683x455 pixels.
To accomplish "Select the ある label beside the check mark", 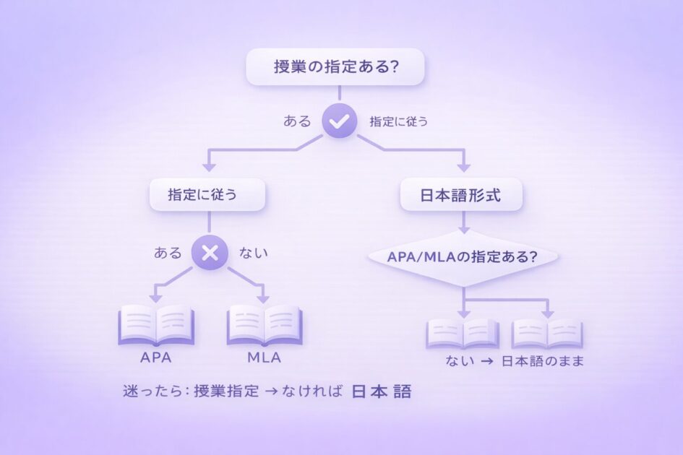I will point(297,122).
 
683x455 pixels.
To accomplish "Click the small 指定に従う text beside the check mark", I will point(398,122).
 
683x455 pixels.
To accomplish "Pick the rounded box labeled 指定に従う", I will point(207,194).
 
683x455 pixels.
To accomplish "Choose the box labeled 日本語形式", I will point(461,194).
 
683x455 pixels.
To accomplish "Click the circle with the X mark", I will point(209,253).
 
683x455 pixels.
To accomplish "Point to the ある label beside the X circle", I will point(168,253).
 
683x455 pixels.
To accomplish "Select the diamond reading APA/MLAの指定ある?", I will point(463,256).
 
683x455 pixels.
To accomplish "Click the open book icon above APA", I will point(157,324).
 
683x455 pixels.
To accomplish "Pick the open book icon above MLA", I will point(264,324).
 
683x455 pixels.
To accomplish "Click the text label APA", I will point(157,357).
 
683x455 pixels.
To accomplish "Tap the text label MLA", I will point(264,357).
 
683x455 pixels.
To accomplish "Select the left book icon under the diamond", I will point(463,333).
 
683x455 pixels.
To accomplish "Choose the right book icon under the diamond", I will point(547,333).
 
